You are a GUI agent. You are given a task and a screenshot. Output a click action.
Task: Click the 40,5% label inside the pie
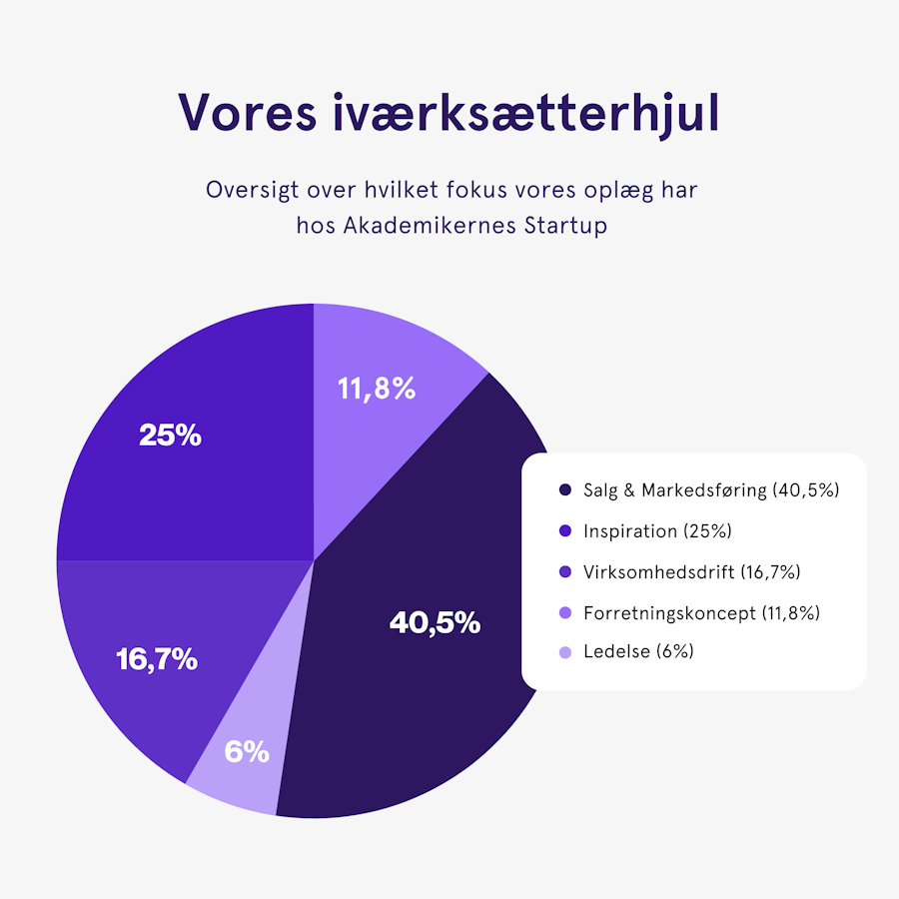pos(435,623)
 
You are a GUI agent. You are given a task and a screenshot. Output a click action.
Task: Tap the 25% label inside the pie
pos(170,436)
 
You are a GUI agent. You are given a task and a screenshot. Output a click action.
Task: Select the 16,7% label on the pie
pos(157,659)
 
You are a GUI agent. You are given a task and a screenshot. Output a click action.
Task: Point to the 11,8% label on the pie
pos(375,389)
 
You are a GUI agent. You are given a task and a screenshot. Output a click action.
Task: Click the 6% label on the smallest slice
pos(247,752)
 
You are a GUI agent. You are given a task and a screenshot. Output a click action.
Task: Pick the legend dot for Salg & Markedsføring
pos(565,490)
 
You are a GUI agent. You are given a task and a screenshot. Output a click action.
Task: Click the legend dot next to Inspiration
pos(565,531)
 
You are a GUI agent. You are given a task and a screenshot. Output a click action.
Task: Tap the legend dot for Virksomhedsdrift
pos(565,572)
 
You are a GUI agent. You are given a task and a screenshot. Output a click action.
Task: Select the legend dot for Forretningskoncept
pos(565,612)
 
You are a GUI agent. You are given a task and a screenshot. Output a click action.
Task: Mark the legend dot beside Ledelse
pos(565,652)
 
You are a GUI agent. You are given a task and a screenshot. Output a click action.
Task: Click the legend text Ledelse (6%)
pos(638,652)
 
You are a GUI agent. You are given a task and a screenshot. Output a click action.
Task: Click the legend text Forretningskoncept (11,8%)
pos(701,612)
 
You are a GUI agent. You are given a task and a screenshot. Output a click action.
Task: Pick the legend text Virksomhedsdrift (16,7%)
pos(691,572)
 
